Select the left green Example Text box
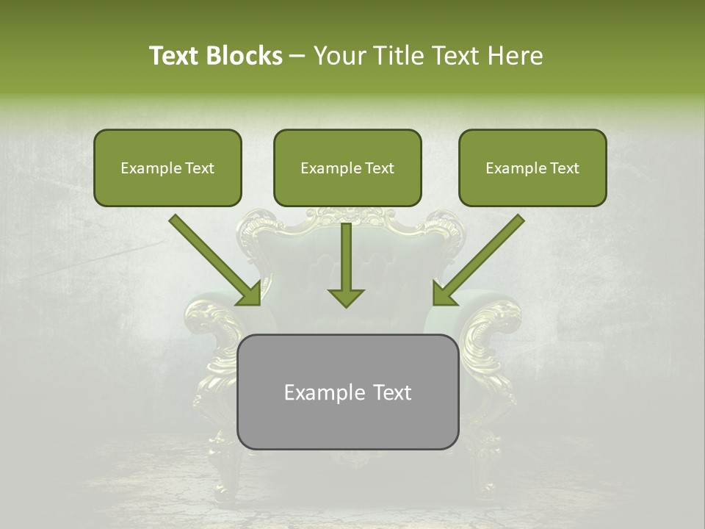point(167,168)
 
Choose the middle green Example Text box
point(347,168)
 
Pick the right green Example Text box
point(532,168)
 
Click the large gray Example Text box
point(347,392)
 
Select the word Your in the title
point(339,56)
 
